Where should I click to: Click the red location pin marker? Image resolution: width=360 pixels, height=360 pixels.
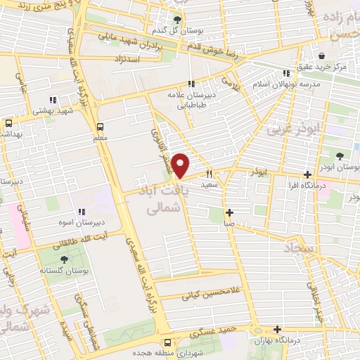pos(181,166)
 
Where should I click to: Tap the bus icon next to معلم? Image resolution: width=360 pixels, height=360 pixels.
pos(101,127)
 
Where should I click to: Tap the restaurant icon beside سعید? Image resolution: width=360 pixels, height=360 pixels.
pos(209,174)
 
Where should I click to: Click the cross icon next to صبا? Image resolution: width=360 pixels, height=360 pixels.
pos(229,212)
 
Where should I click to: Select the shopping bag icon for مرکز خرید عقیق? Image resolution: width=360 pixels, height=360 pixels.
pos(321,56)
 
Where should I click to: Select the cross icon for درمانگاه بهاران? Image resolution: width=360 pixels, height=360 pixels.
pos(278,329)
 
